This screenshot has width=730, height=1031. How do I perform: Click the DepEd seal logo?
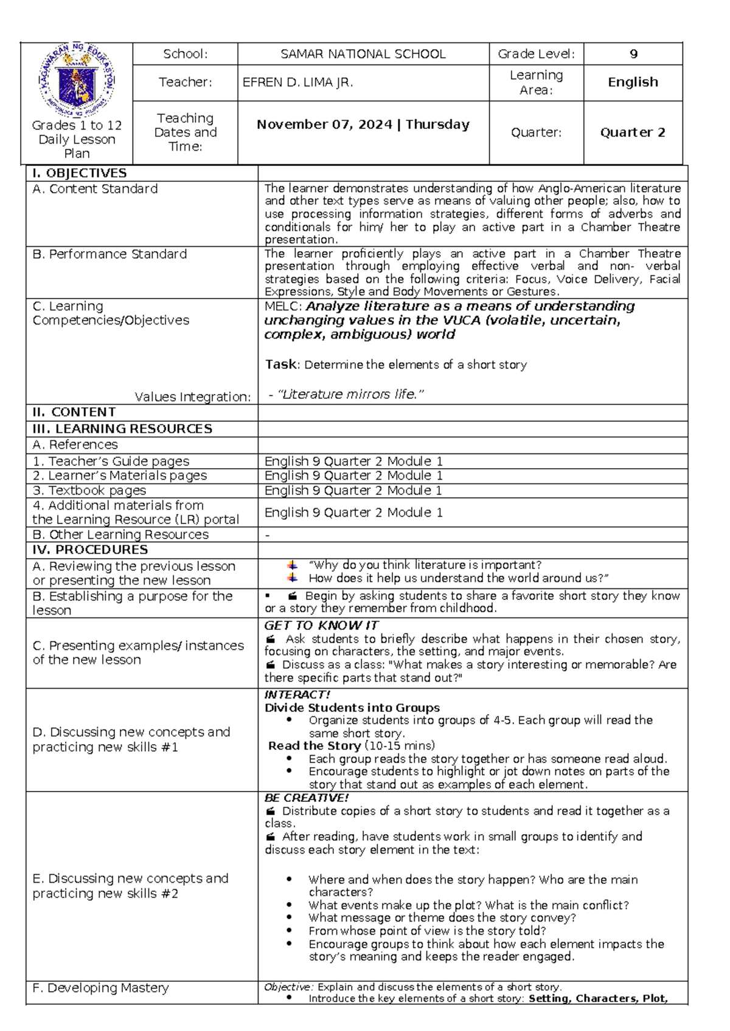[x=77, y=80]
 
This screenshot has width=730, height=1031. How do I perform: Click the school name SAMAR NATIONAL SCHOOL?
[x=363, y=54]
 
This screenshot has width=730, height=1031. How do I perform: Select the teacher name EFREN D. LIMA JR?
[x=297, y=82]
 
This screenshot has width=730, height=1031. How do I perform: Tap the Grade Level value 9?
[x=633, y=54]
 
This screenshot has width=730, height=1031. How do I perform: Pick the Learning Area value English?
[x=633, y=82]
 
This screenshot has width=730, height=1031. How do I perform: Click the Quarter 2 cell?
[x=633, y=133]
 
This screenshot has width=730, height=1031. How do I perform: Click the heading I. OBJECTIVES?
[x=80, y=173]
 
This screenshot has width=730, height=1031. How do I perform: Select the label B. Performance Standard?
[x=109, y=254]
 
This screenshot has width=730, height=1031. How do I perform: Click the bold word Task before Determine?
[x=281, y=365]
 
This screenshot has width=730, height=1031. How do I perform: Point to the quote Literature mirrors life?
[x=350, y=395]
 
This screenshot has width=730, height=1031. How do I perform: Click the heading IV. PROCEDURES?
[x=90, y=550]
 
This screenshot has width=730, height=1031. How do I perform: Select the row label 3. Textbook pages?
[x=89, y=491]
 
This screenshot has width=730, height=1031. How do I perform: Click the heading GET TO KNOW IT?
[x=321, y=626]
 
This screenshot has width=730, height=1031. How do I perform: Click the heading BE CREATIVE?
[x=307, y=798]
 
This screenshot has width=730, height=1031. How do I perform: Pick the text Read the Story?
[x=315, y=746]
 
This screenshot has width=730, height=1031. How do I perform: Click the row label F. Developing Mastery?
[x=100, y=988]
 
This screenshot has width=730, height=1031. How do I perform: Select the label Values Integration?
[x=192, y=397]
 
